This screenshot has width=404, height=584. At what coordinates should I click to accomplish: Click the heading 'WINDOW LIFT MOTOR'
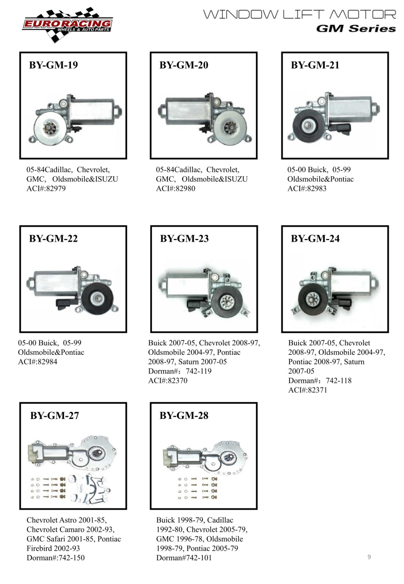(300, 14)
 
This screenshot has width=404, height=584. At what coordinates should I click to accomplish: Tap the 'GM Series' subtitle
(356, 28)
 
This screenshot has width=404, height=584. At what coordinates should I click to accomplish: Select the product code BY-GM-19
(53, 65)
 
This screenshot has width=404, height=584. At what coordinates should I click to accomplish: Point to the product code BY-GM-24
(315, 239)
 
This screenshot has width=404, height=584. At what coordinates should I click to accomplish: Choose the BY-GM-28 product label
(184, 416)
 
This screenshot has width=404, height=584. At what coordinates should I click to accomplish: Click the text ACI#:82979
(46, 188)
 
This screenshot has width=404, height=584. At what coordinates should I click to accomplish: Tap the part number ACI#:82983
(307, 188)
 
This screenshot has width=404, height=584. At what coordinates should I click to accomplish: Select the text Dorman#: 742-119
(180, 371)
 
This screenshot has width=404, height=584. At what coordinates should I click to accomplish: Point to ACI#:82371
(308, 390)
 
